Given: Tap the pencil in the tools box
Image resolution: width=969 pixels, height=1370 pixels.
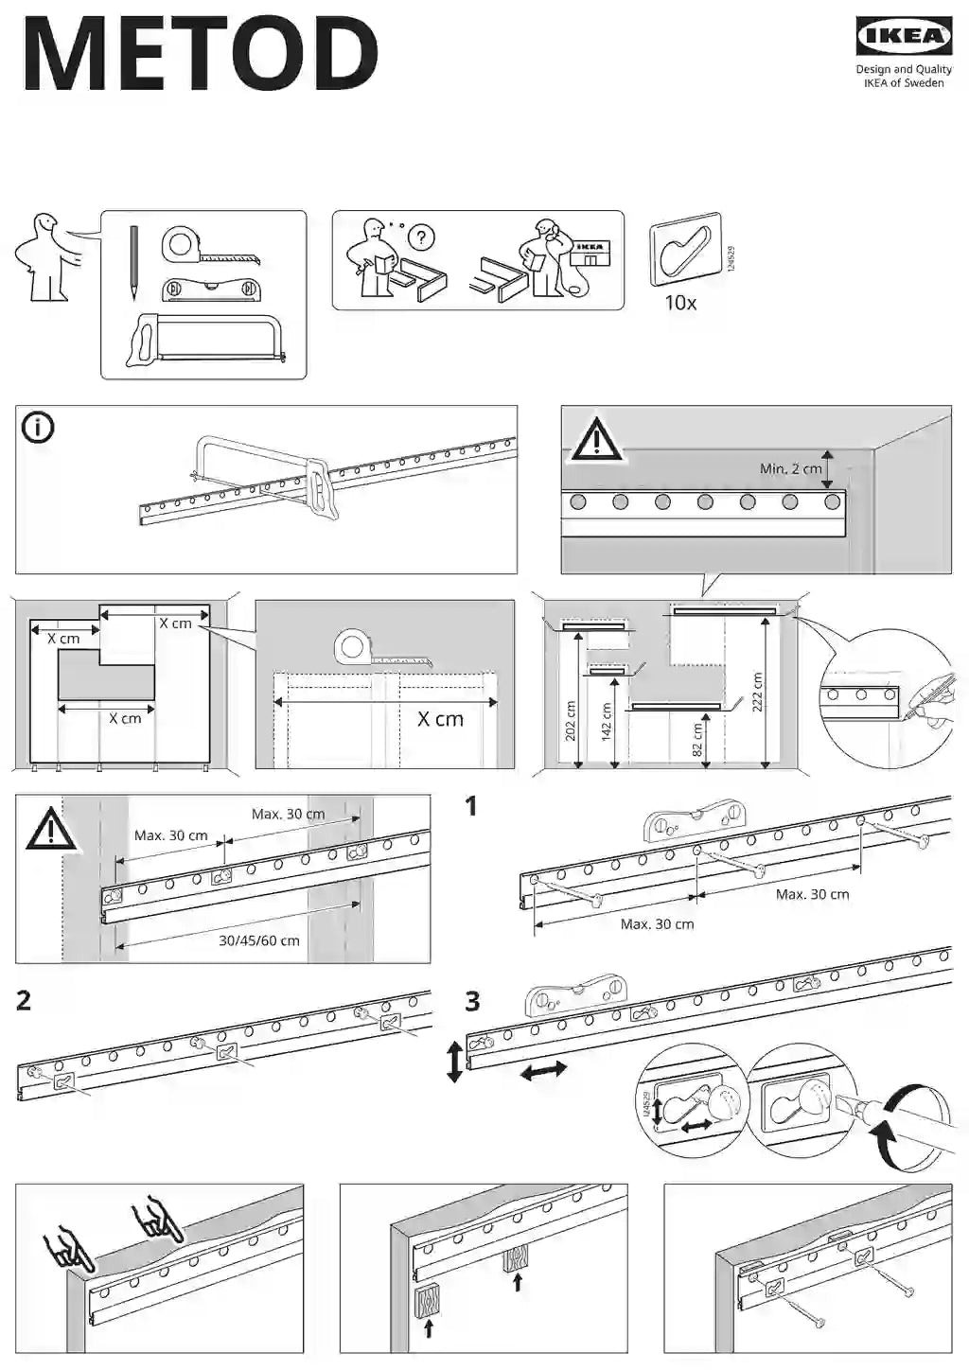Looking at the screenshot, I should tap(133, 256).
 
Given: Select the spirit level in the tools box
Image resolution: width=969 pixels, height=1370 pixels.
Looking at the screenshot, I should tap(210, 289).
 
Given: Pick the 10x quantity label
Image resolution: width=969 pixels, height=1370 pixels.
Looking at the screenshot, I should tap(680, 303).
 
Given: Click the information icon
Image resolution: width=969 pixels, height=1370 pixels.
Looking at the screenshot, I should tap(39, 428).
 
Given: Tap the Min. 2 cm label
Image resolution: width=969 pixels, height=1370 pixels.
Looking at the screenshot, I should tap(790, 468).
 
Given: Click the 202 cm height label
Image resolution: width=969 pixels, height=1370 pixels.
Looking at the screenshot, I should tap(571, 720).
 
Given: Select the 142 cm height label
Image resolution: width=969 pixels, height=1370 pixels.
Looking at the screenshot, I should tap(607, 722).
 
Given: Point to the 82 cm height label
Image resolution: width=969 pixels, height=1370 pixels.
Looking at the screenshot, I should tap(697, 740).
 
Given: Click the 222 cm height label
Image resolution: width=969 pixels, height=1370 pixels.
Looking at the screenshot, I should tap(756, 693).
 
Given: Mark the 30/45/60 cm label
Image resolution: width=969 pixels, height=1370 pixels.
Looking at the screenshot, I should tap(258, 940).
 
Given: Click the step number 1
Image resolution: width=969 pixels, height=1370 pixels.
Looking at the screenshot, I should tap(471, 806).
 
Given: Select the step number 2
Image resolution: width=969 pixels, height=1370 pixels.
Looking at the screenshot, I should tap(24, 1000).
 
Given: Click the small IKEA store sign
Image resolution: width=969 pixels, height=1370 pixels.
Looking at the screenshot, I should tap(591, 252).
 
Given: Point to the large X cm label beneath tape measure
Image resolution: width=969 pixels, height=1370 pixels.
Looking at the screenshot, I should tap(440, 719).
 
